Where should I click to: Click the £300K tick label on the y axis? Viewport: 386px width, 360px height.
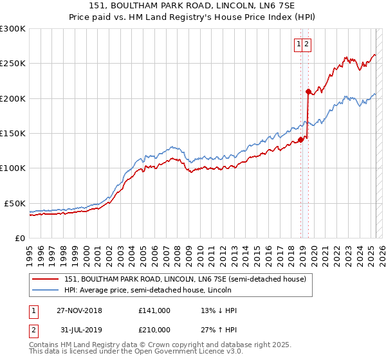(12, 29)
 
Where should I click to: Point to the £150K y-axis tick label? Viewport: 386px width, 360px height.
(12, 133)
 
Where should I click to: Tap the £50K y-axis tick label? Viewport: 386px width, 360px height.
(15, 203)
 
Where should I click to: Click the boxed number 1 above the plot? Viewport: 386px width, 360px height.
(299, 44)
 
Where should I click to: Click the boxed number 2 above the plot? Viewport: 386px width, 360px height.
(307, 44)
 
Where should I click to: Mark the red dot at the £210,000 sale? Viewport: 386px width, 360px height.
(308, 91)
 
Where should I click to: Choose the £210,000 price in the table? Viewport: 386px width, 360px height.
(154, 329)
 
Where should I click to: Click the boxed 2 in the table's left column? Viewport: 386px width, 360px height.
(32, 329)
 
